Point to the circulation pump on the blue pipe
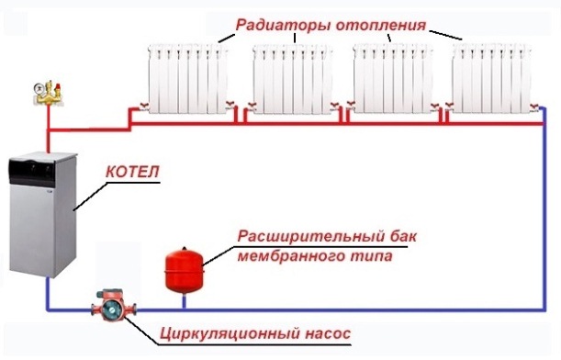click(108, 307)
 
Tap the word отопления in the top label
click(386, 26)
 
